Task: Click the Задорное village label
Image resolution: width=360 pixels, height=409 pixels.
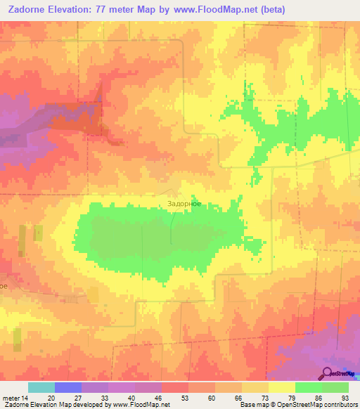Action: point(184,204)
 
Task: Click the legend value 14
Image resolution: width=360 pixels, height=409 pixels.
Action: point(26,398)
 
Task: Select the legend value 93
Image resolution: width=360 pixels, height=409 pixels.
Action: point(345,398)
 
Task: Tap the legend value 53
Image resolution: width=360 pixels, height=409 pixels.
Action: point(186,398)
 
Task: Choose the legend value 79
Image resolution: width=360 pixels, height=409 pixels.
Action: point(292,398)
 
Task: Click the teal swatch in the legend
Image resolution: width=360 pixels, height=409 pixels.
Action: point(41,387)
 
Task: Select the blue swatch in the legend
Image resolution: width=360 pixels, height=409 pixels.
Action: point(68,387)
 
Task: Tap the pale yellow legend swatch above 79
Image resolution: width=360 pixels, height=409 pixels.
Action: point(282,387)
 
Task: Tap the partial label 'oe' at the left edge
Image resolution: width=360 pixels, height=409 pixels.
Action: point(4,286)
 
